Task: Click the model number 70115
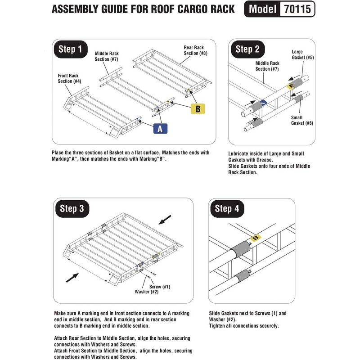[x=297, y=9]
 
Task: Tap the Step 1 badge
[x=71, y=49]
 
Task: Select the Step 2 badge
[x=248, y=49]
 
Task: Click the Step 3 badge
[x=72, y=209]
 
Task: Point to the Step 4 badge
[x=227, y=209]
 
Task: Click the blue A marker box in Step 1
[x=160, y=129]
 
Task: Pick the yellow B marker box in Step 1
[x=198, y=108]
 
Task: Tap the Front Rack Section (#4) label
[x=69, y=78]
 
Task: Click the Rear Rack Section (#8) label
[x=195, y=50]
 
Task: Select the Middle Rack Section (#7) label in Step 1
[x=107, y=56]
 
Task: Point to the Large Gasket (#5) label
[x=302, y=54]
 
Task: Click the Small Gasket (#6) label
[x=302, y=120]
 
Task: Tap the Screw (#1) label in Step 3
[x=160, y=287]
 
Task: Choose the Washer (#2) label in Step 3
[x=147, y=292]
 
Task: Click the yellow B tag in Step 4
[x=256, y=238]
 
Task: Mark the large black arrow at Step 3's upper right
[x=165, y=220]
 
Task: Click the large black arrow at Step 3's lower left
[x=72, y=278]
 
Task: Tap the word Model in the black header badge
[x=262, y=9]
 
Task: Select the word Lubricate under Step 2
[x=238, y=153]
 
